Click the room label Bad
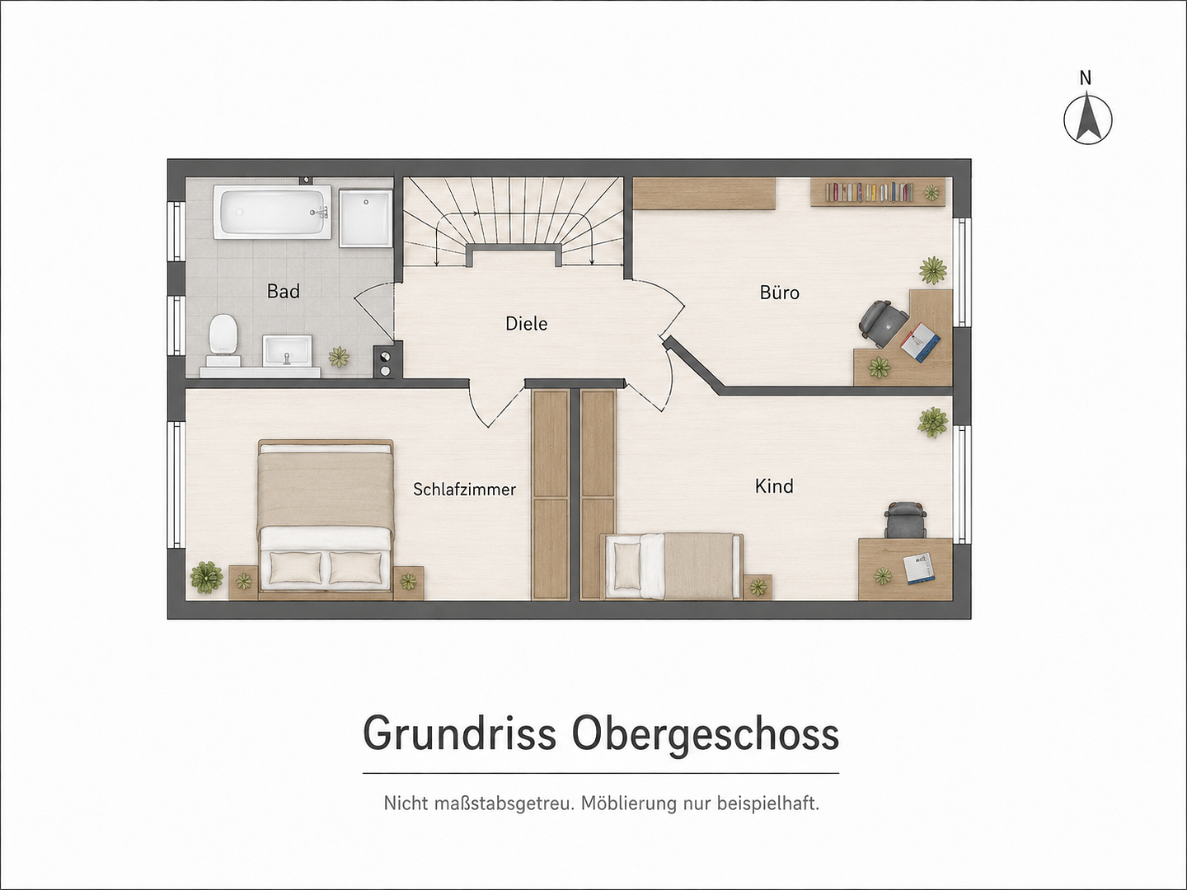point(284,291)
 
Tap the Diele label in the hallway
point(526,324)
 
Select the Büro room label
point(779,293)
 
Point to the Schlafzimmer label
point(465,489)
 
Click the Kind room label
point(774,486)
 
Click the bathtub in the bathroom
point(272,212)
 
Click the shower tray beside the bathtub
point(366,218)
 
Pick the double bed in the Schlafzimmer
point(326,520)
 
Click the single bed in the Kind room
point(671,566)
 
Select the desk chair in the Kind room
point(906,520)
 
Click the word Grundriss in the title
point(460,733)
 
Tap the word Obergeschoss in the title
point(705,733)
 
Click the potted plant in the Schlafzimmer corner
point(206,577)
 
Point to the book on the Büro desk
point(921,341)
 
